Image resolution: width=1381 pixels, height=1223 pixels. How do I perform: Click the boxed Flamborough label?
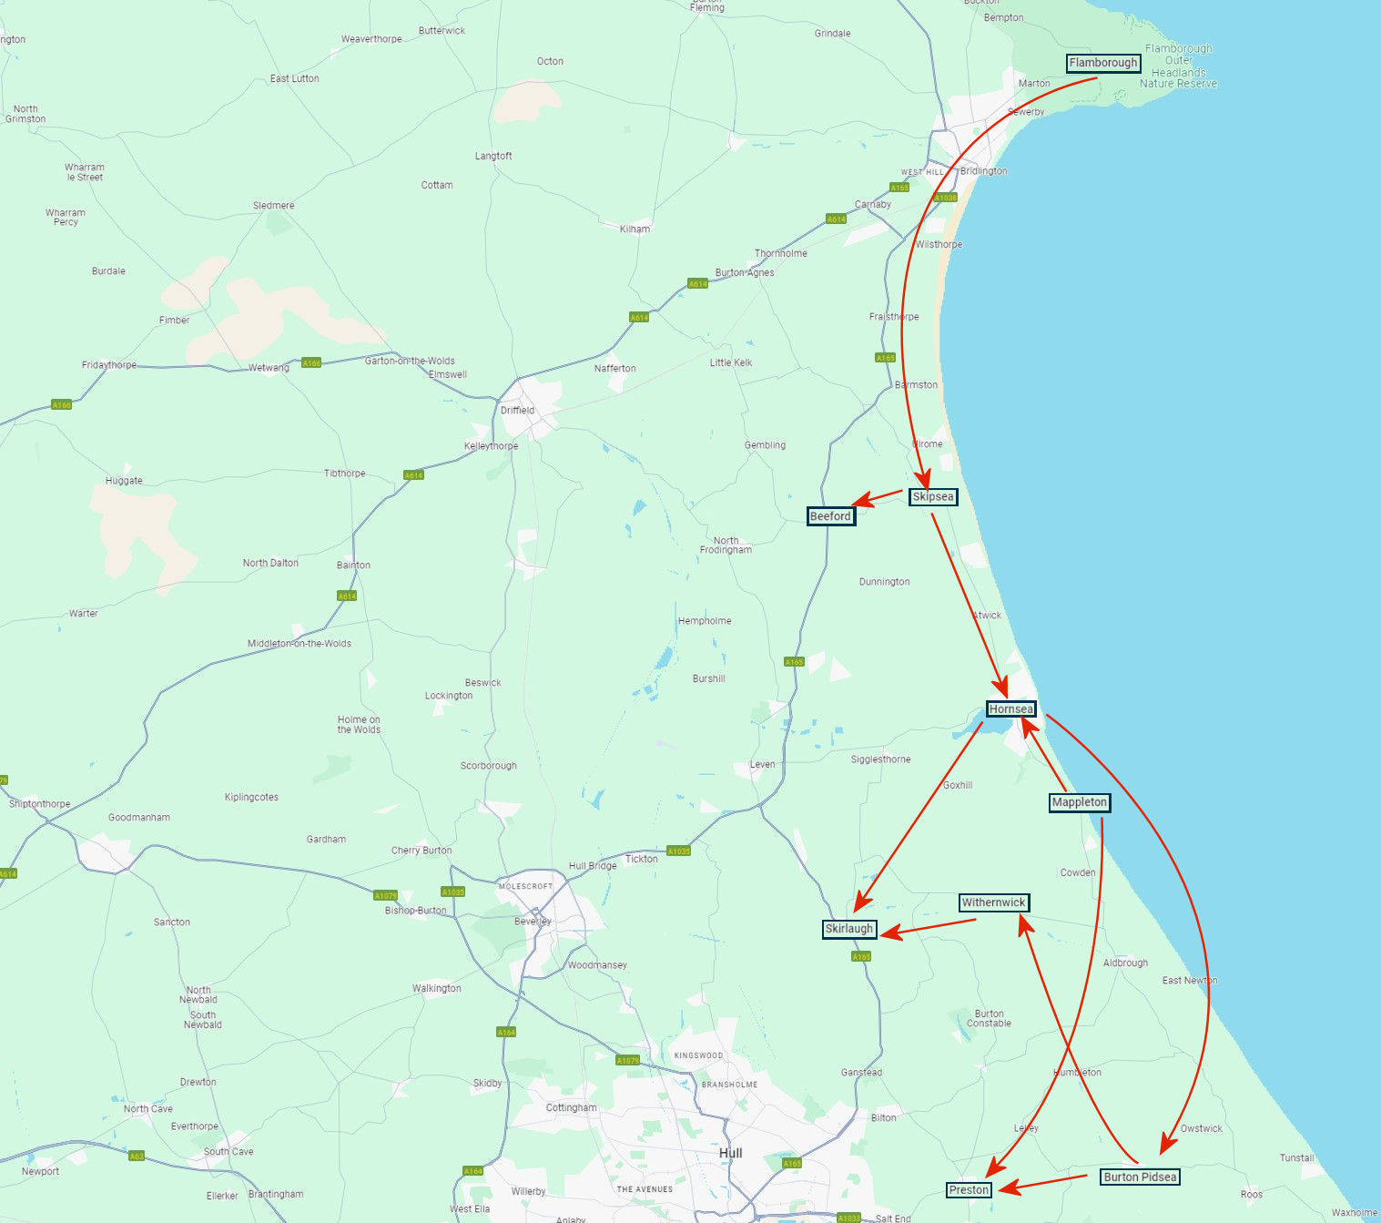tap(1103, 63)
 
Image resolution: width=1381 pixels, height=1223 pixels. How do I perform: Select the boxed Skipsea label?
tap(933, 496)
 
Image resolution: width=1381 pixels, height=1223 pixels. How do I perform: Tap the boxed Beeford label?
tap(830, 516)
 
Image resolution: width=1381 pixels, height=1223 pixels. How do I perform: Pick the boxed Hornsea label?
tap(1011, 709)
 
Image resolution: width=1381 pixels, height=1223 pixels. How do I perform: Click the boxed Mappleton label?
tap(1080, 802)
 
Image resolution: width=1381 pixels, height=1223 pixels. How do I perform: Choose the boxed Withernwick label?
tap(994, 902)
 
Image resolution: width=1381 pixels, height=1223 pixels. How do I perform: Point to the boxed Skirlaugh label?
tap(849, 929)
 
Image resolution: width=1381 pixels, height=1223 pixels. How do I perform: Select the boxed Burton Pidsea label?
tap(1140, 1177)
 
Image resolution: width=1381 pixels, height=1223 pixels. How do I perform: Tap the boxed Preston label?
tap(969, 1189)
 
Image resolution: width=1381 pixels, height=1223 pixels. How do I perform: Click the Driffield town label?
tap(517, 410)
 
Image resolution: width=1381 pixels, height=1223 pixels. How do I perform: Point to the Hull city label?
tap(731, 1153)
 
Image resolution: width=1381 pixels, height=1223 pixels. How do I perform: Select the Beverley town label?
tap(533, 921)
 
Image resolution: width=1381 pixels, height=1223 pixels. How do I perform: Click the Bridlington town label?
tap(983, 170)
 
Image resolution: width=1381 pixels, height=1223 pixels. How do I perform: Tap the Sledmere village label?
tap(273, 205)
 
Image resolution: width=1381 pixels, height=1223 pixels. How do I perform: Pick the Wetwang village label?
tap(269, 368)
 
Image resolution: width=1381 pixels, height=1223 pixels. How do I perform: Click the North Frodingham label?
tap(726, 545)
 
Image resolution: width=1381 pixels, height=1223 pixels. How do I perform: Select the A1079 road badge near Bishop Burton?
tap(385, 895)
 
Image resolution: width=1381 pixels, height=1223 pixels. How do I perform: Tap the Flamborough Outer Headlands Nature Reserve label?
tap(1178, 66)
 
